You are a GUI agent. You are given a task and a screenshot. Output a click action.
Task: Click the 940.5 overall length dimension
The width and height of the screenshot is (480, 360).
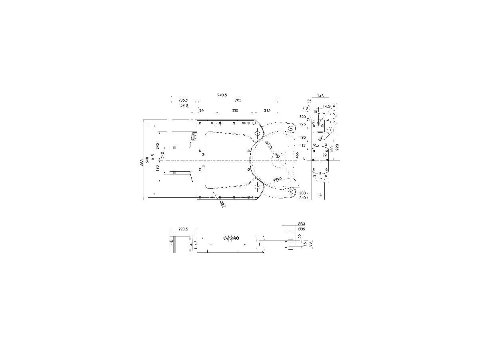click(222, 95)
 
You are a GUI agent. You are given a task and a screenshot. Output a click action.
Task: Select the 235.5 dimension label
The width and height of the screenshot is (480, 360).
click(184, 100)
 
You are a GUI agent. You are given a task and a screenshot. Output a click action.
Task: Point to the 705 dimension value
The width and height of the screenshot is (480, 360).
click(238, 100)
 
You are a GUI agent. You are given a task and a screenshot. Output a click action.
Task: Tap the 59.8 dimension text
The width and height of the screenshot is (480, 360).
click(184, 105)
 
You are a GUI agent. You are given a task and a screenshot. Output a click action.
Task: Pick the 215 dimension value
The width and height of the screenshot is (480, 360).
click(267, 110)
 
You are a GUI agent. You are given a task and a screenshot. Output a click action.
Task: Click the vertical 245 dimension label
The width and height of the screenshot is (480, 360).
click(158, 146)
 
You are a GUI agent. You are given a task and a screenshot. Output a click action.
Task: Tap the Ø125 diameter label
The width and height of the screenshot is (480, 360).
click(269, 146)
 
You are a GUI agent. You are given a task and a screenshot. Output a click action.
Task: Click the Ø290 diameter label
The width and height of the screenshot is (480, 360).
click(277, 180)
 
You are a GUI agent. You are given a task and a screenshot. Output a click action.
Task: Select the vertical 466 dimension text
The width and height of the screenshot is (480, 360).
click(297, 155)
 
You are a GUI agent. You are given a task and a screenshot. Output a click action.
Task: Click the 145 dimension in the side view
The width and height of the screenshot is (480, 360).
click(320, 96)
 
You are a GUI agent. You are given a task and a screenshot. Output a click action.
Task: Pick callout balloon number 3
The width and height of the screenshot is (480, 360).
click(307, 108)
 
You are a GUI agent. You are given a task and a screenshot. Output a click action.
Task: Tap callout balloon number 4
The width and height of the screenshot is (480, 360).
click(334, 106)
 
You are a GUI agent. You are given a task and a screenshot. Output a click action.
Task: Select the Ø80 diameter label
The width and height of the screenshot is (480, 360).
click(302, 224)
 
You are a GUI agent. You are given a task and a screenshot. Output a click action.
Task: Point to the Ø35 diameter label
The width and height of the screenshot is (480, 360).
click(302, 229)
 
